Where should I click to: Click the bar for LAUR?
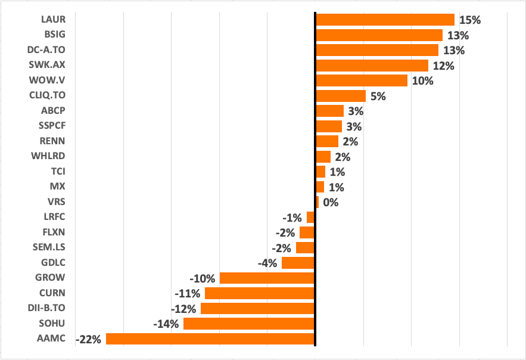385,20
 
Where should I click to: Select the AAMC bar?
210,339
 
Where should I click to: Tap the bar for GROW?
267,278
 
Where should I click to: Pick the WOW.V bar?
361,80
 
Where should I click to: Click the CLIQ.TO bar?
340,96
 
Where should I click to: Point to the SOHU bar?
249,324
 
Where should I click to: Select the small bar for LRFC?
310,217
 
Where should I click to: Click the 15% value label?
470,20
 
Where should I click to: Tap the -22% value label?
89,340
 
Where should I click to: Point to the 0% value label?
331,202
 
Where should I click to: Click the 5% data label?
378,96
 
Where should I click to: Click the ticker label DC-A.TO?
46,49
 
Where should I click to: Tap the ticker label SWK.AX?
47,65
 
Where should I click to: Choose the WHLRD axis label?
48,156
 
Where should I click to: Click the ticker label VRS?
57,202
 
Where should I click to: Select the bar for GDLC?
298,263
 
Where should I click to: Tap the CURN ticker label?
52,293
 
